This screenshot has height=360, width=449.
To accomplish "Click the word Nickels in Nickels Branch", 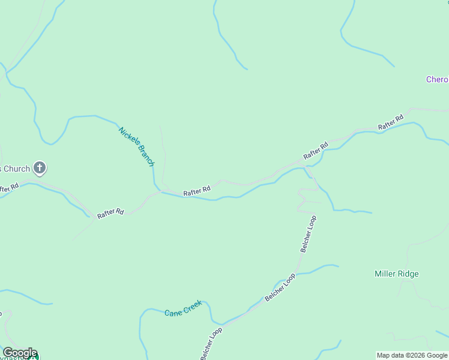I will [128, 137].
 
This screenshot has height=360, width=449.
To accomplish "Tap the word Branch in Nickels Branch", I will [146, 156].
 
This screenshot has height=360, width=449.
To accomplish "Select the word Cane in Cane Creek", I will [173, 313].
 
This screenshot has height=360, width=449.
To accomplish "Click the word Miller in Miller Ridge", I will [386, 274].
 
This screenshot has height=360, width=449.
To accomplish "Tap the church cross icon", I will [40, 168].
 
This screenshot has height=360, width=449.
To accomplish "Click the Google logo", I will [20, 352].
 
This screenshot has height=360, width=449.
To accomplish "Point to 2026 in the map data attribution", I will [420, 355].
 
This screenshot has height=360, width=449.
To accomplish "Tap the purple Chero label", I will [437, 79].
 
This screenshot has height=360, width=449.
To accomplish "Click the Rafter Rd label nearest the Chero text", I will [391, 122].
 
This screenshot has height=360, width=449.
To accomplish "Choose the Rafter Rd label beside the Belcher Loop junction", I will [316, 150].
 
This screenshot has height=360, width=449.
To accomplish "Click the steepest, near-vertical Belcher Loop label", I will [308, 233].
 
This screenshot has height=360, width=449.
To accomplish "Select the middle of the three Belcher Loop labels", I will [280, 287].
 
